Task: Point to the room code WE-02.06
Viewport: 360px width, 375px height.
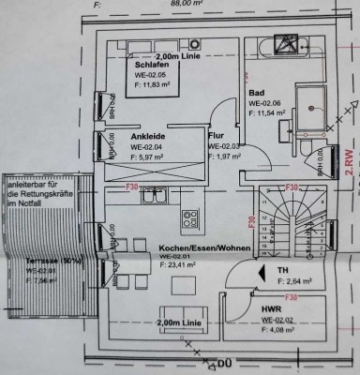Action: [x=267, y=102]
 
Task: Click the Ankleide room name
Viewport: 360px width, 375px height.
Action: [x=149, y=137]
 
